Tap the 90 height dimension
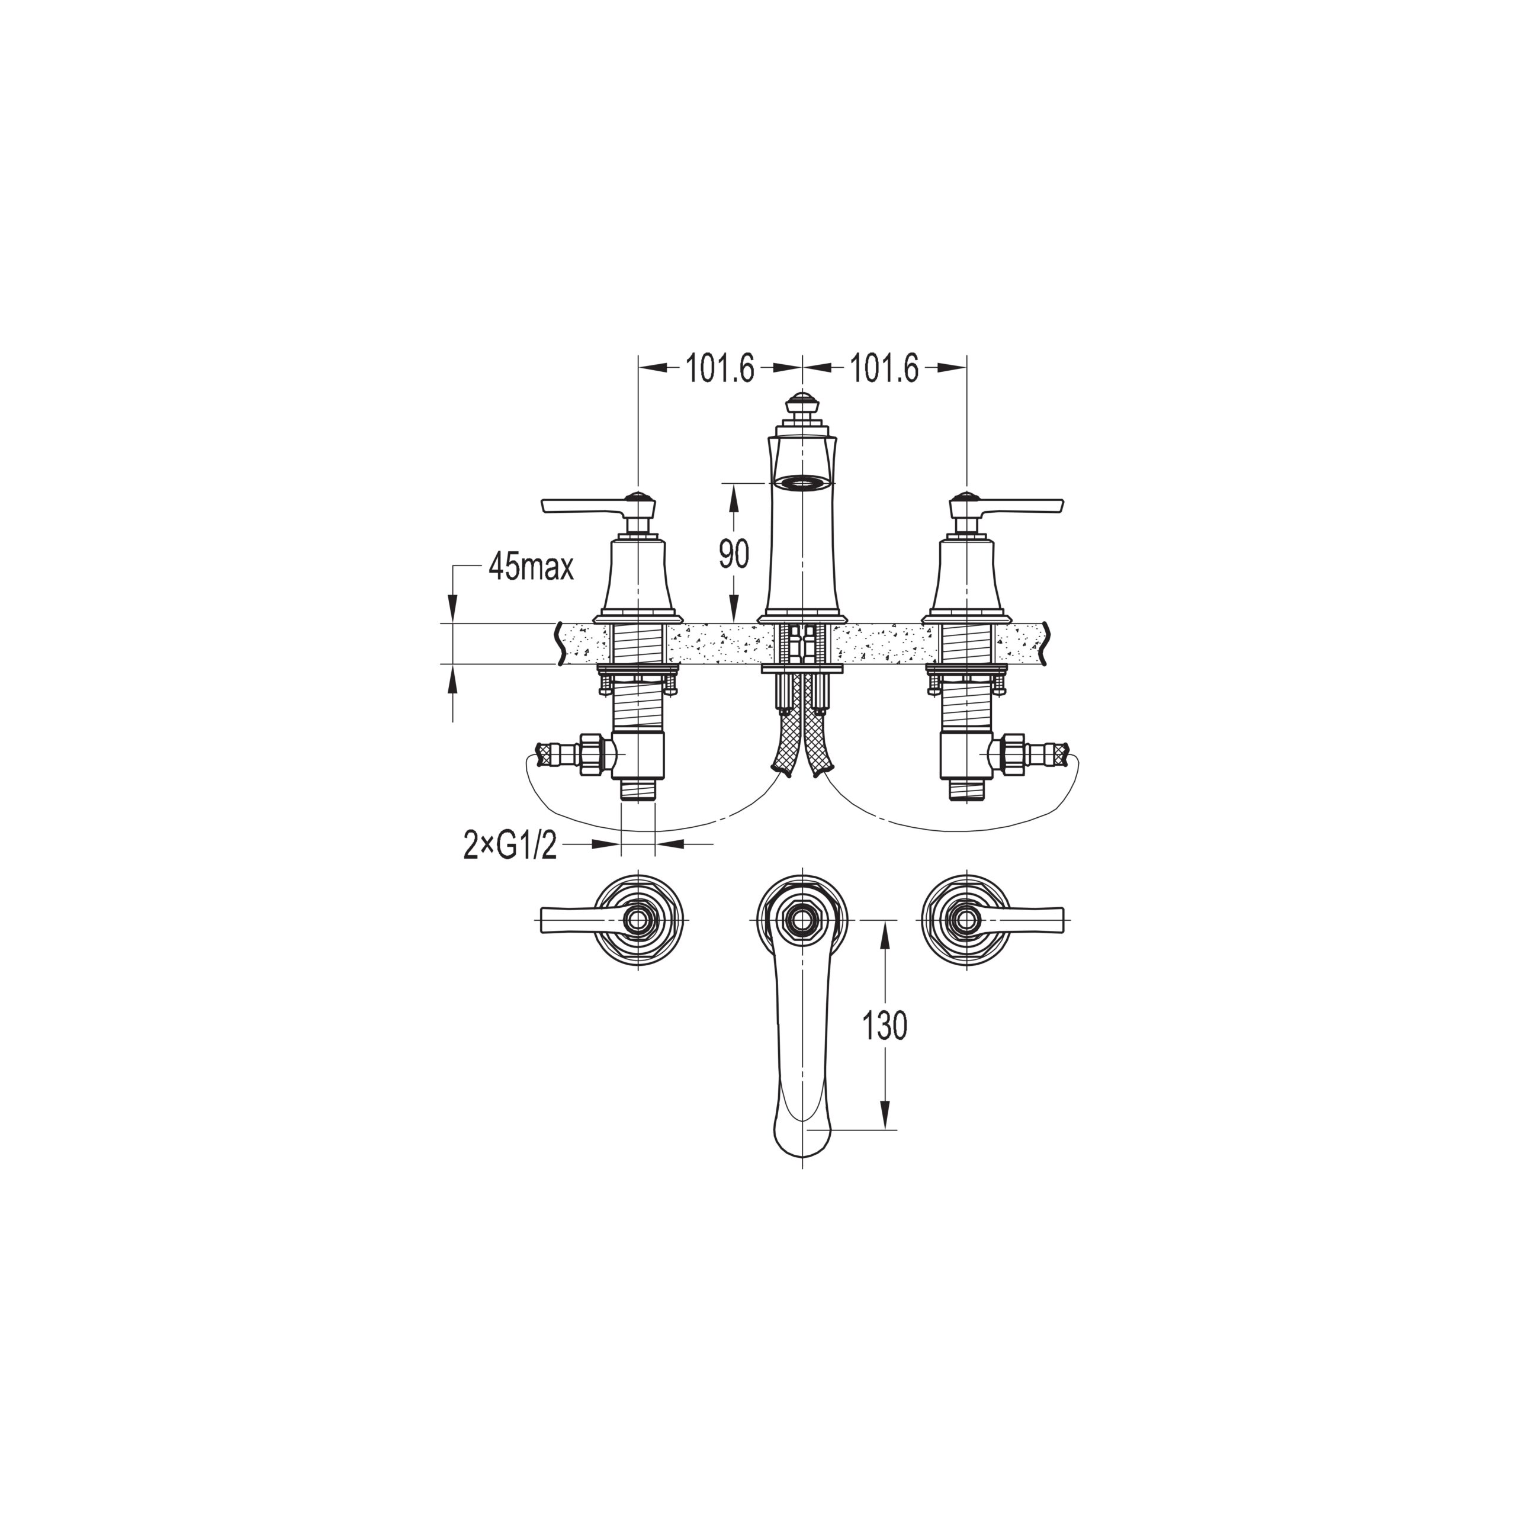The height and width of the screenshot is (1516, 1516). pos(734,555)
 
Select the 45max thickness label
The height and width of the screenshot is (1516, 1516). pos(531,567)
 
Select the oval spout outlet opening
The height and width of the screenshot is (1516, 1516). pos(801,482)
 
